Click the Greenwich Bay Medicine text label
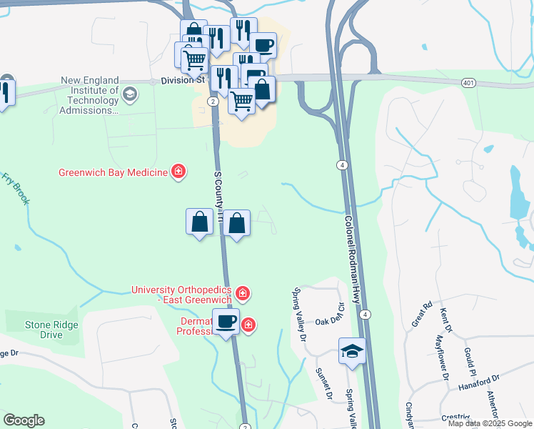point(113,172)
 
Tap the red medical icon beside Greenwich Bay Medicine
point(178,172)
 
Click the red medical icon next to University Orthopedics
point(243,293)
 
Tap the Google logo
point(24,420)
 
